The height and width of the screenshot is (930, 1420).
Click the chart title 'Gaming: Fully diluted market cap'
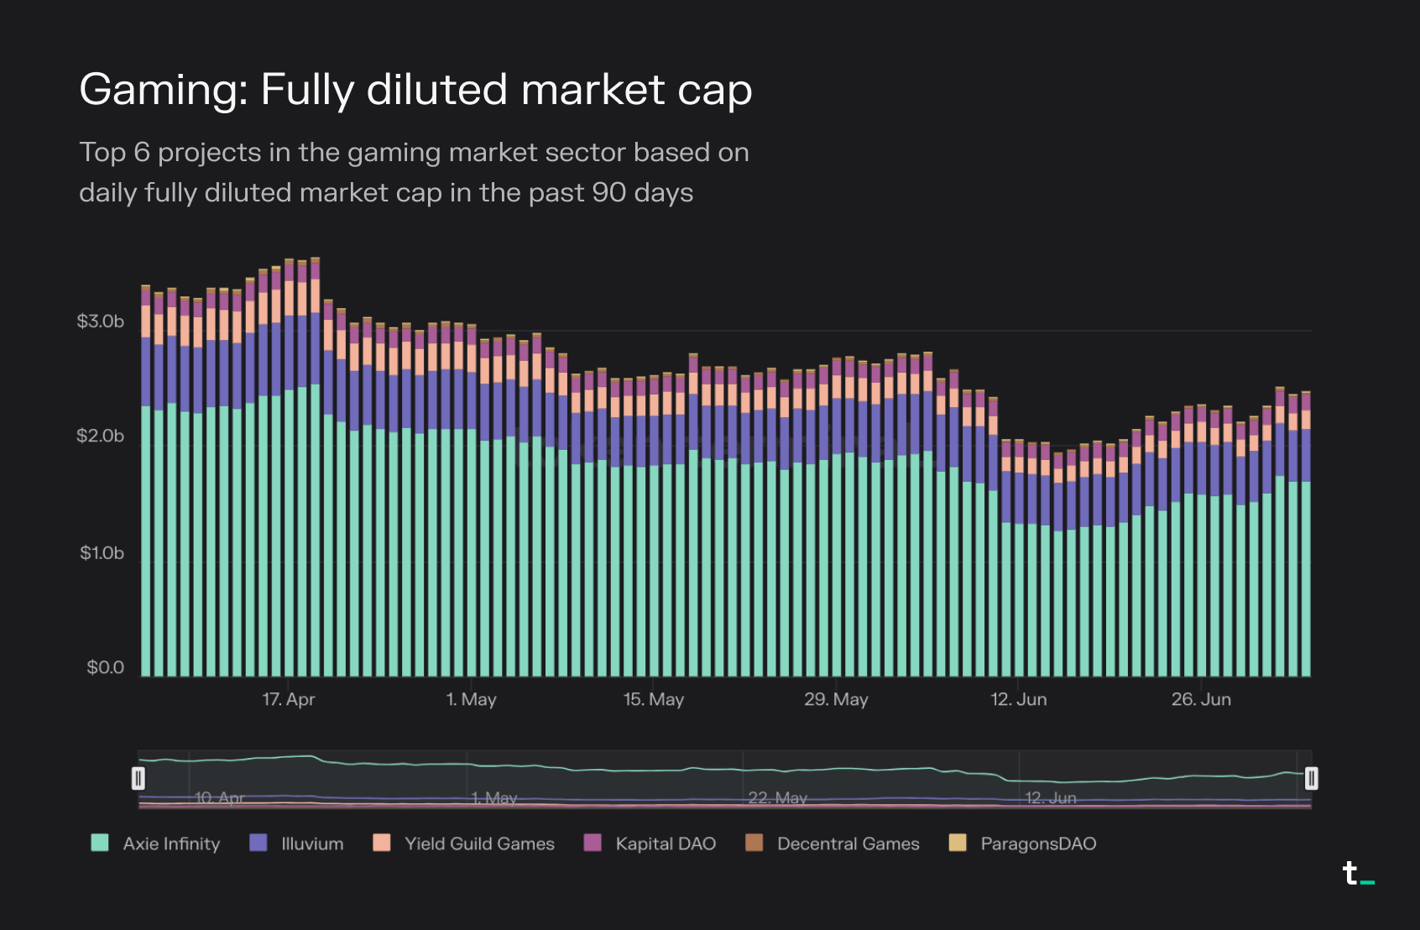click(x=415, y=90)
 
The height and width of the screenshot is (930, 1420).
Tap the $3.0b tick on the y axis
click(x=101, y=321)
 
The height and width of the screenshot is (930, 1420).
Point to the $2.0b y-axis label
click(x=101, y=436)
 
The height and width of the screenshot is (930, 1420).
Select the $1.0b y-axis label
click(x=102, y=553)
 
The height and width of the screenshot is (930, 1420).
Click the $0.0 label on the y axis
click(x=106, y=668)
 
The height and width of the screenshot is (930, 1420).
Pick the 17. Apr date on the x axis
click(x=289, y=699)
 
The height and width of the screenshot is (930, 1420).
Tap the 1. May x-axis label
click(x=472, y=699)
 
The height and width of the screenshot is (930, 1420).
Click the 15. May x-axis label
click(x=654, y=699)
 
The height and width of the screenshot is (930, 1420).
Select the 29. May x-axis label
click(x=836, y=699)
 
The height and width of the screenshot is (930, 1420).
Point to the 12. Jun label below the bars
click(x=1019, y=699)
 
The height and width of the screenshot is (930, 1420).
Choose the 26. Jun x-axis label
click(x=1202, y=699)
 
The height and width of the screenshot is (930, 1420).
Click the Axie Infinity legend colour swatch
click(x=100, y=843)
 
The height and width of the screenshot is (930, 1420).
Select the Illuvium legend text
click(x=312, y=844)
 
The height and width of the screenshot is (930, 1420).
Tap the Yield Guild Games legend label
click(x=479, y=844)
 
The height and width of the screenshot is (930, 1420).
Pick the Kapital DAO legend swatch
click(x=593, y=843)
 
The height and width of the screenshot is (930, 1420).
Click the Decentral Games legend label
click(x=848, y=844)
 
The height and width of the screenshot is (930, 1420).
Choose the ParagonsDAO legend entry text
click(x=1038, y=844)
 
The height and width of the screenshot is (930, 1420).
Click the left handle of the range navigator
click(x=138, y=779)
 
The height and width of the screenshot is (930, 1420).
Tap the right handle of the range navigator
click(x=1311, y=779)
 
